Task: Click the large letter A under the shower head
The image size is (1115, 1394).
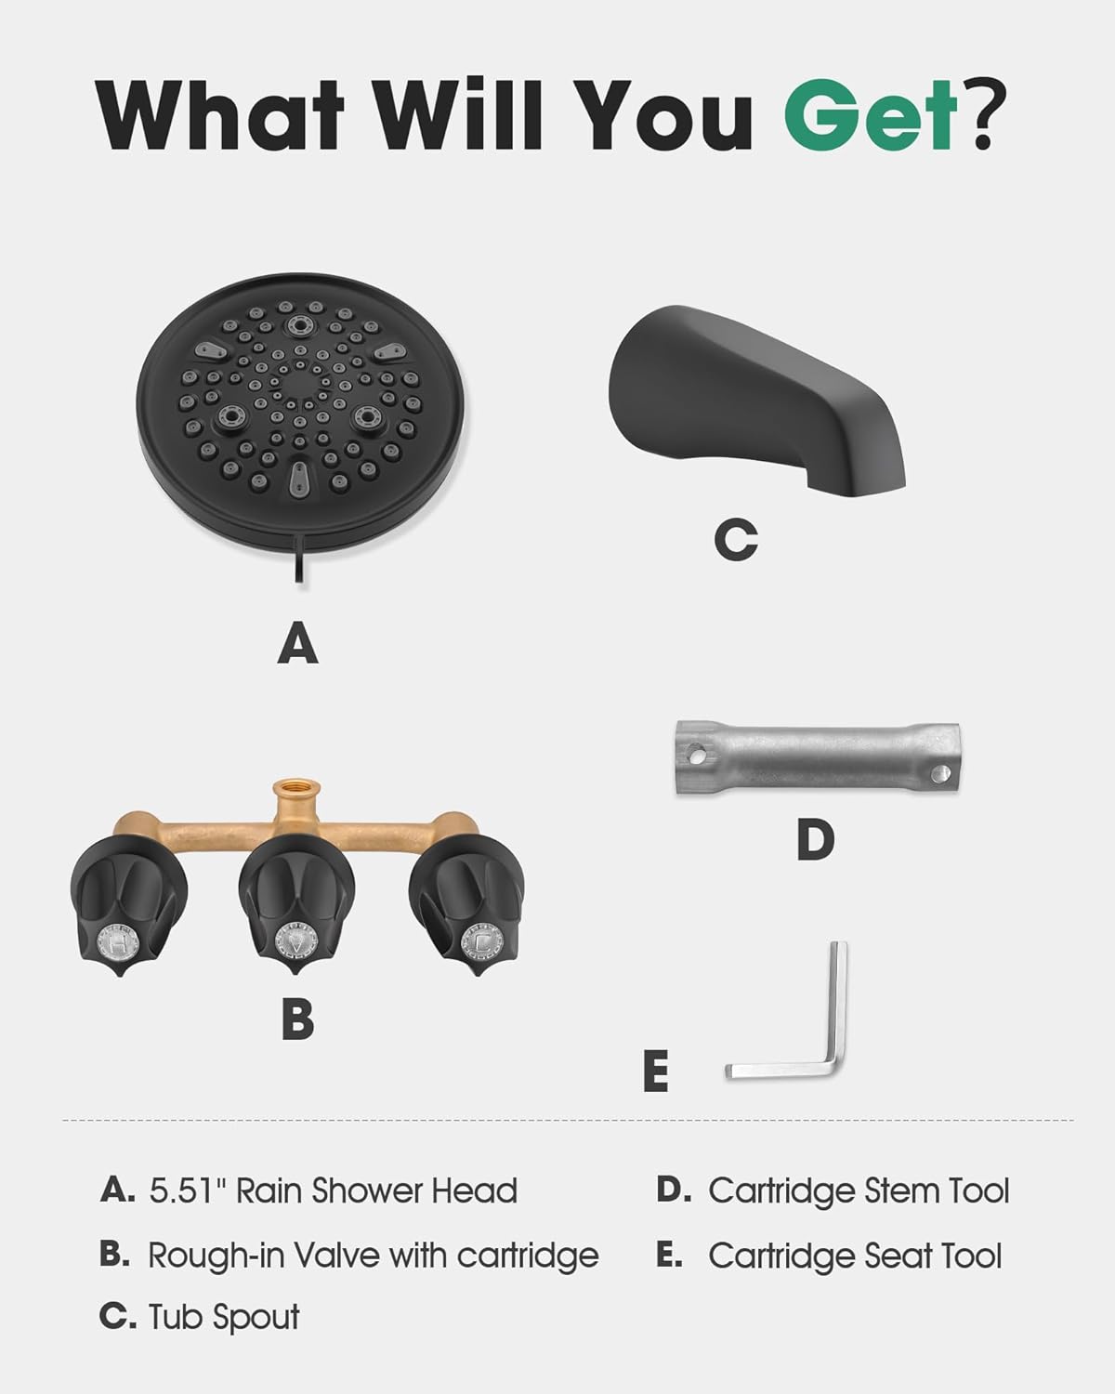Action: tap(297, 643)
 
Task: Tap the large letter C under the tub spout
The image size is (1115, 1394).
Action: tap(736, 540)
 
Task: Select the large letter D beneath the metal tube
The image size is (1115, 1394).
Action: tap(815, 840)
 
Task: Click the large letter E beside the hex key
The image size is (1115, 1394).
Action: tap(655, 1072)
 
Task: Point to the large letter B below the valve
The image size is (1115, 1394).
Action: tap(297, 1019)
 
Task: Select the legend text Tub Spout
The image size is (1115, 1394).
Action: tap(224, 1317)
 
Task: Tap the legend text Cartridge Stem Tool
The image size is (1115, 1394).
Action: tap(858, 1190)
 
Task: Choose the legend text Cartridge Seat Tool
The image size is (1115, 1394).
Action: tap(855, 1256)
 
